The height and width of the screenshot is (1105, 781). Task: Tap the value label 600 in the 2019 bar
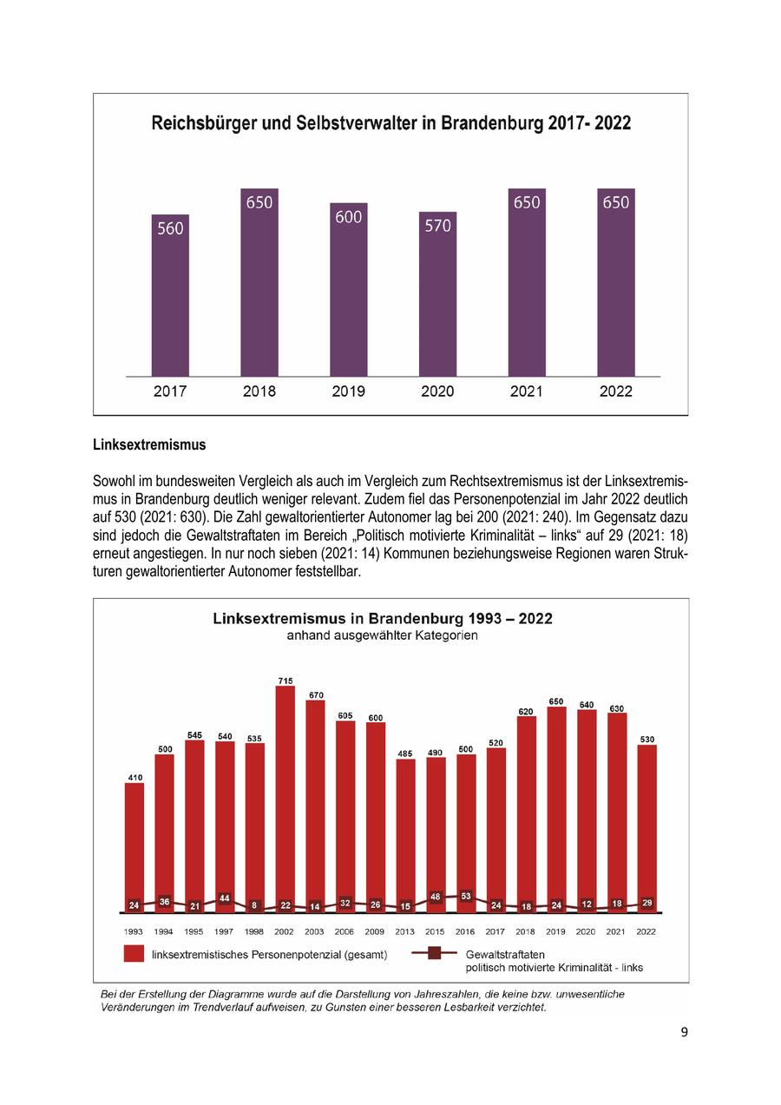click(348, 217)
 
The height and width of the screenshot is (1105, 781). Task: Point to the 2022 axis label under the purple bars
click(616, 391)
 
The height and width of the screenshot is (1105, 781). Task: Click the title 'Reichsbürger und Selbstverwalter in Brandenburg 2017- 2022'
click(390, 123)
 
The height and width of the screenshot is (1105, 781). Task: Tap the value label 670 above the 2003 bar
click(315, 694)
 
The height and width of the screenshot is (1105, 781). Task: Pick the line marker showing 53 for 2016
click(466, 896)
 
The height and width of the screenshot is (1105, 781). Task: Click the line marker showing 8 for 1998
click(254, 905)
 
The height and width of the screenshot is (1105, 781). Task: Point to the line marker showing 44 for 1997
click(225, 898)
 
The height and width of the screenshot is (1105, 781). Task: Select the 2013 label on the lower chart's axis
click(405, 931)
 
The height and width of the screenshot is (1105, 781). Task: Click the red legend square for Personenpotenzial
click(134, 954)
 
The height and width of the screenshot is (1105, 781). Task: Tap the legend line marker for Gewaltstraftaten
click(434, 953)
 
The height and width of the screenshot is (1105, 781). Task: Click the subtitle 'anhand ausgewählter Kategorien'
click(383, 635)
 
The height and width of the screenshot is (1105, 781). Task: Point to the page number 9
click(684, 1032)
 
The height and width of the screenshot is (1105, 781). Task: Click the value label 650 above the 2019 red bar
click(556, 701)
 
